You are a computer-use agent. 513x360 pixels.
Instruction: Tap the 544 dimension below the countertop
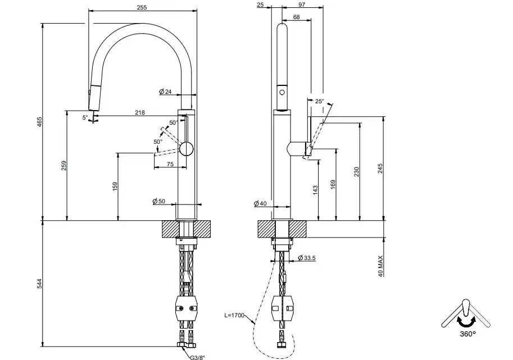(39, 284)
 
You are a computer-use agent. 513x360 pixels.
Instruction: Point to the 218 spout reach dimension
(140, 112)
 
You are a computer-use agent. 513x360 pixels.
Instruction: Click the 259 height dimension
(64, 166)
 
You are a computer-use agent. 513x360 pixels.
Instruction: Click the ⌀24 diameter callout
(166, 92)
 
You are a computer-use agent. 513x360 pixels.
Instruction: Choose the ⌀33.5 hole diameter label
(308, 258)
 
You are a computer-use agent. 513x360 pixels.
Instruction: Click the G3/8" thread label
(197, 355)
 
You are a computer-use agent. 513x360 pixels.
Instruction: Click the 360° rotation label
(467, 333)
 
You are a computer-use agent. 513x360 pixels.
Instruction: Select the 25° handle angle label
(319, 102)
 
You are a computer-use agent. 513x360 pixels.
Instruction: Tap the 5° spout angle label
(85, 117)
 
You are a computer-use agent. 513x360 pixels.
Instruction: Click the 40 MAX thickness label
(381, 265)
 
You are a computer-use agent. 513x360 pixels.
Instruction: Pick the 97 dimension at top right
(302, 4)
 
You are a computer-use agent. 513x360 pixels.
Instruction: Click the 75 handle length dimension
(170, 165)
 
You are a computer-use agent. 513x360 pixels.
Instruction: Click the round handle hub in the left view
(186, 149)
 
